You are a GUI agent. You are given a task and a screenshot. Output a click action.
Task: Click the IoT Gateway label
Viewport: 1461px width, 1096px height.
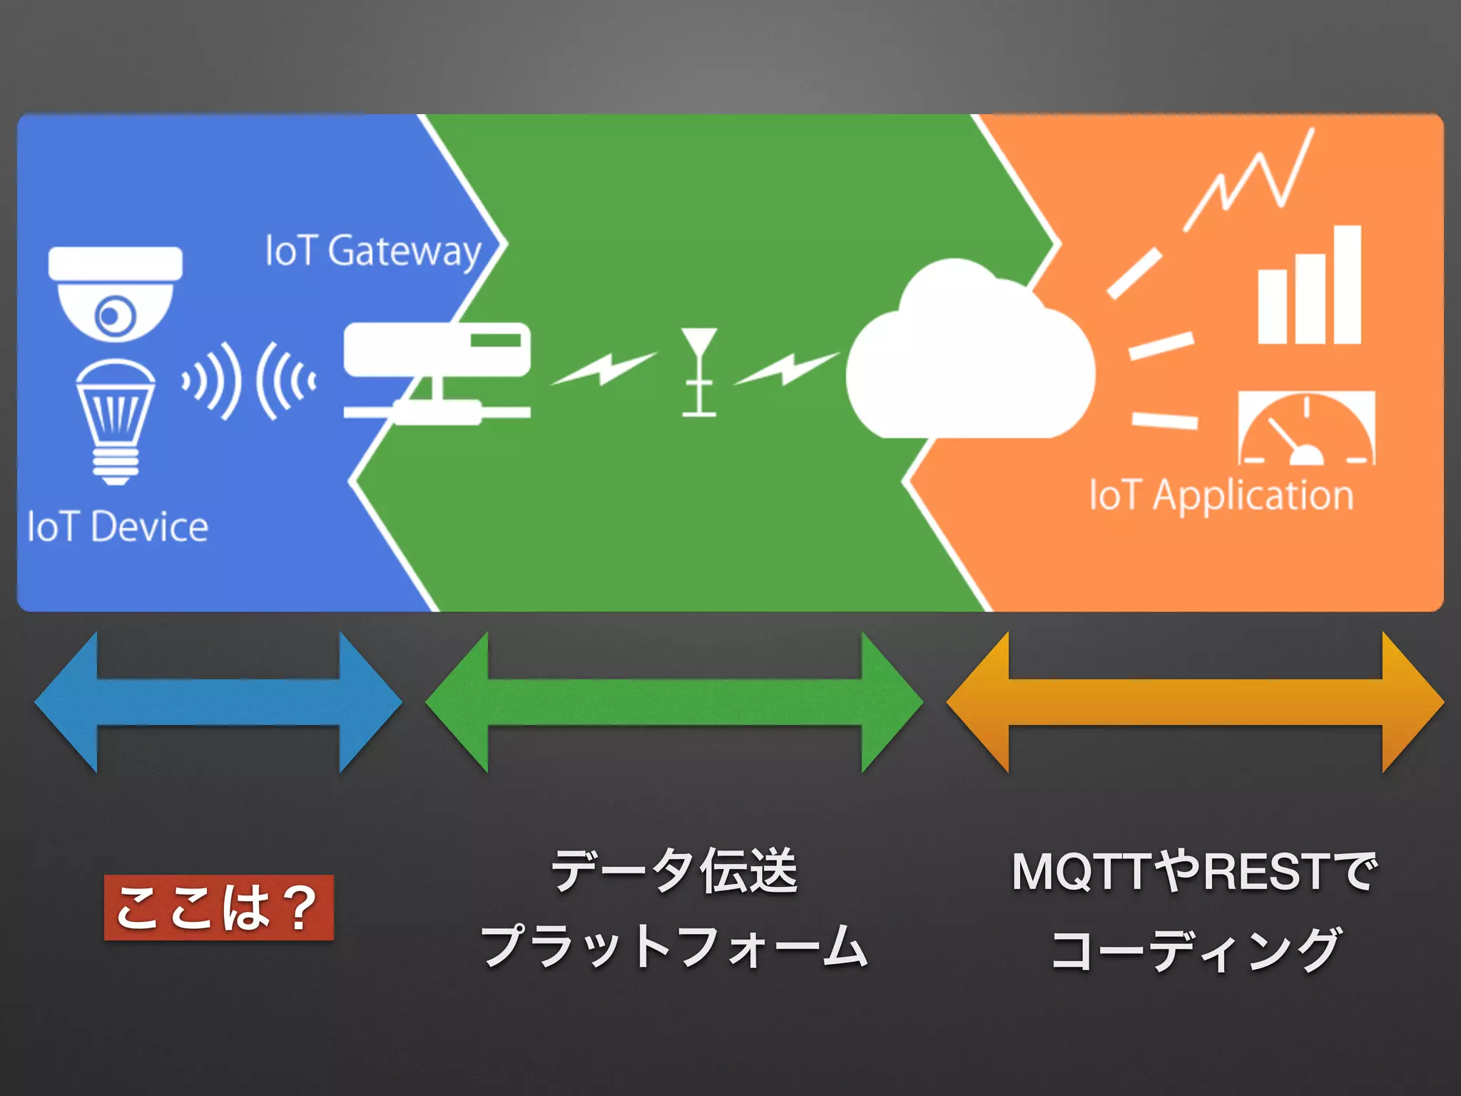(x=373, y=251)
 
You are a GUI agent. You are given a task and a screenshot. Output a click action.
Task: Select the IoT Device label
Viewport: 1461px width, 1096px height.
(x=118, y=527)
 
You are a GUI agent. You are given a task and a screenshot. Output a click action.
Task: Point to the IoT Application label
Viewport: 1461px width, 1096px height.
(x=1221, y=494)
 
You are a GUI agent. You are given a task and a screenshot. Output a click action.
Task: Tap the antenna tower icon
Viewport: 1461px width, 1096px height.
(x=698, y=371)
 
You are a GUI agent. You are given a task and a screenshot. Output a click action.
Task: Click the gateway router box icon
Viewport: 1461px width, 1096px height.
(x=437, y=350)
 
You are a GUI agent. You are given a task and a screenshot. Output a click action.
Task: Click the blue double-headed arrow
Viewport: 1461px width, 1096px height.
(x=218, y=702)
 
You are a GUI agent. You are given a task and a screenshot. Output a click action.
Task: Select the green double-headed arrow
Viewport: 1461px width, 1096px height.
(x=674, y=702)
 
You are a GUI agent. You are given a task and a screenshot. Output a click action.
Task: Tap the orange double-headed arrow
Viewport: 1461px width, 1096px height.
(x=1195, y=702)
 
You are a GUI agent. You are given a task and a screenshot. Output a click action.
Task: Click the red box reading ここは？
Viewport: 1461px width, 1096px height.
(x=218, y=907)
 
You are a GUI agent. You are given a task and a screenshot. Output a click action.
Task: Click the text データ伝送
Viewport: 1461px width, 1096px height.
(x=674, y=871)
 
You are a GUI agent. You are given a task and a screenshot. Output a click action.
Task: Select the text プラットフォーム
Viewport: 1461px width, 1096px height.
(x=674, y=946)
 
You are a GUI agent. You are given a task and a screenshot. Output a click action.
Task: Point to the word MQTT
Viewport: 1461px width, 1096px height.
(x=1081, y=872)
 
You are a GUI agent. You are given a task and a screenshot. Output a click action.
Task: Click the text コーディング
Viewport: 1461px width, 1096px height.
(x=1195, y=950)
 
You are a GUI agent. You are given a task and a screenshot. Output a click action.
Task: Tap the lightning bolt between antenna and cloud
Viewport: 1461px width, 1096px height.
(x=786, y=368)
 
